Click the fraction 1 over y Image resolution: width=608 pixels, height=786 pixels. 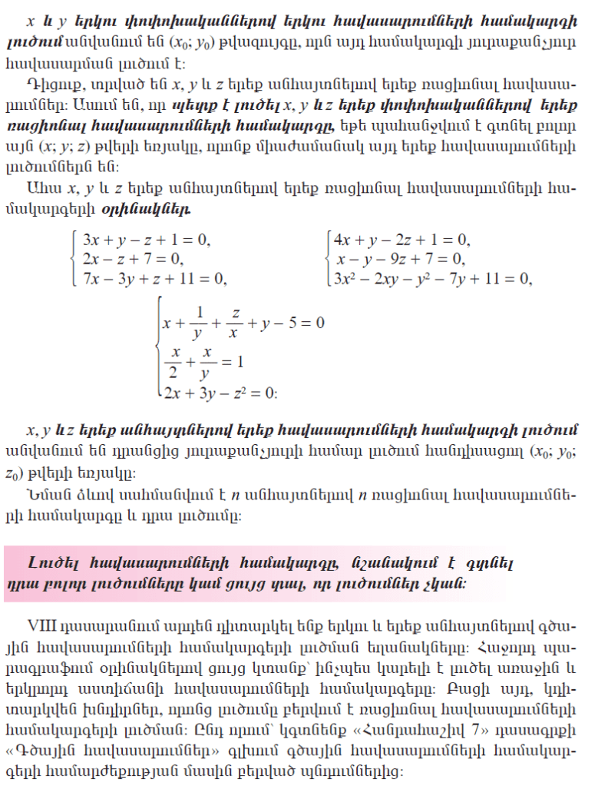(x=200, y=322)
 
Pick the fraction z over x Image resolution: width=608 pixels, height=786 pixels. (x=236, y=322)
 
